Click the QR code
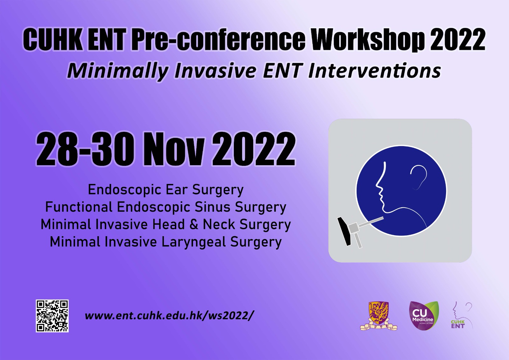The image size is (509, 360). [52, 316]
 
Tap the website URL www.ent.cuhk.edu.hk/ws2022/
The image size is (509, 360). [168, 316]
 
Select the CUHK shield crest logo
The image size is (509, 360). [379, 316]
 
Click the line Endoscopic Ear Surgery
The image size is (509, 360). [166, 190]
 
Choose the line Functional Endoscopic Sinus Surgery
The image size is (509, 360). [166, 207]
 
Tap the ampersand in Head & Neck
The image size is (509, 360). [193, 224]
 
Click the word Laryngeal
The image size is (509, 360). [193, 242]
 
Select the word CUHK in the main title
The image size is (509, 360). [52, 40]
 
